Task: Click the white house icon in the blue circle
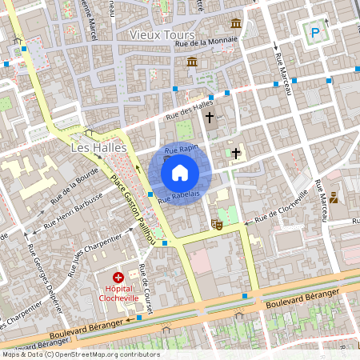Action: [180, 172]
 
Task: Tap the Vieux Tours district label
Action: [162, 34]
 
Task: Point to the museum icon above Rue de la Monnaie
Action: [236, 23]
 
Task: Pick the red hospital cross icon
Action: [118, 277]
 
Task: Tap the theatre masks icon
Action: [216, 226]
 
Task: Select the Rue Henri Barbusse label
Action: [74, 210]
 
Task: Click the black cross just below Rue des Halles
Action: [210, 118]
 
